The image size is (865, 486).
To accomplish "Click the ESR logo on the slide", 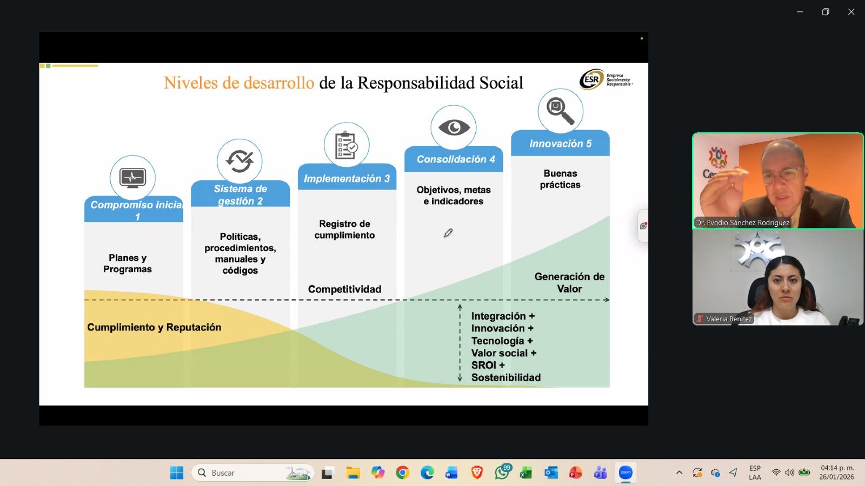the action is (605, 79).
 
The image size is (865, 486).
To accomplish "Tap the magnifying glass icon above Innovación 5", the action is (560, 111).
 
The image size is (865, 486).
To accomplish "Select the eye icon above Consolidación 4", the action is (454, 127).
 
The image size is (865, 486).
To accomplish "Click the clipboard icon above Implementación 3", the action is (347, 145).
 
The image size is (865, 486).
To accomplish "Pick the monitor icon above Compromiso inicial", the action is (132, 178).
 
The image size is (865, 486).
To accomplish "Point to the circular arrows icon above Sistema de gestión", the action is (239, 161).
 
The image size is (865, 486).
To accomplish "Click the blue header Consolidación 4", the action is (454, 159).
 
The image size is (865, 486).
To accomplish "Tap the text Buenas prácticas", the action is (560, 179).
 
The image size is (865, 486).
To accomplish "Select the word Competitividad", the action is (344, 289).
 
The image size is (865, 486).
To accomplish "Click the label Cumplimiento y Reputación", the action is (154, 327).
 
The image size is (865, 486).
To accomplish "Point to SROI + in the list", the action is (488, 365).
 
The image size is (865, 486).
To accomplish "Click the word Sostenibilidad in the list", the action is (506, 377).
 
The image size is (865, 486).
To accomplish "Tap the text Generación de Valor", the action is (569, 283).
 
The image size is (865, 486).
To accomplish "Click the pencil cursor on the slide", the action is (448, 233).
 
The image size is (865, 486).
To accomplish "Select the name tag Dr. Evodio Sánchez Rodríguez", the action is (742, 222).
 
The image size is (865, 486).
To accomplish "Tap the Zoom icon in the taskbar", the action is (625, 473).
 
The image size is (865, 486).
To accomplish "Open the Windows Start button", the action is (177, 473).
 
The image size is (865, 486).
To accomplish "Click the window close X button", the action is (851, 12).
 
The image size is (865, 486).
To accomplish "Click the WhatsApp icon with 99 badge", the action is (502, 472).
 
